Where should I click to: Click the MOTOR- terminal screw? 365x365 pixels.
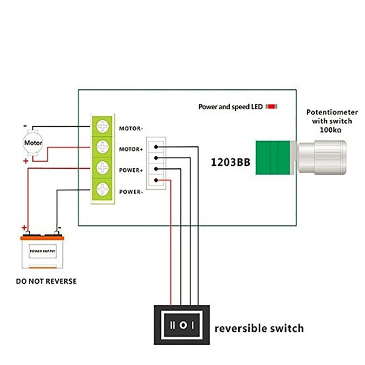(x=103, y=126)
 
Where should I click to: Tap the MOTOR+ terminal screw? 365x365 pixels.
(x=103, y=147)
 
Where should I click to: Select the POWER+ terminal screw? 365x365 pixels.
(x=103, y=168)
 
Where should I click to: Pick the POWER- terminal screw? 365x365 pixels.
(x=103, y=189)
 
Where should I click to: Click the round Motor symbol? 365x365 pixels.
(x=33, y=143)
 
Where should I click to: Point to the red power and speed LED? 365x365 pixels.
(x=272, y=107)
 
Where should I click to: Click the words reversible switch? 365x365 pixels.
(x=259, y=328)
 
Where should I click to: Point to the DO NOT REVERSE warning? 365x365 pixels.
(x=46, y=281)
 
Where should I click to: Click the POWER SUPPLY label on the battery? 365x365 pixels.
(x=43, y=251)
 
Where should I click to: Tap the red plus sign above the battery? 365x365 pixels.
(x=24, y=228)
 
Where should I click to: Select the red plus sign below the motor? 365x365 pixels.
(x=26, y=161)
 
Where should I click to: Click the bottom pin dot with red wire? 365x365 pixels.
(x=156, y=180)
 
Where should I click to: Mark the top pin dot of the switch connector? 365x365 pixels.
(x=156, y=147)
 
